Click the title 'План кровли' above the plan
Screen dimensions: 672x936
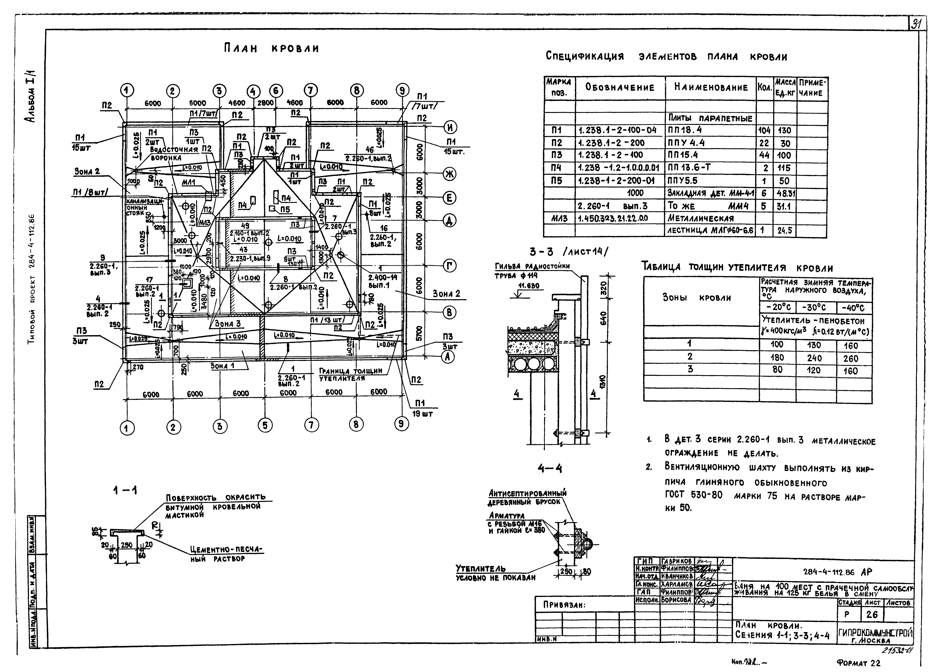[271, 49]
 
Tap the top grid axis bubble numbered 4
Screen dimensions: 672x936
[253, 92]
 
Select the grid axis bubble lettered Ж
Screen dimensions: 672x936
[449, 174]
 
